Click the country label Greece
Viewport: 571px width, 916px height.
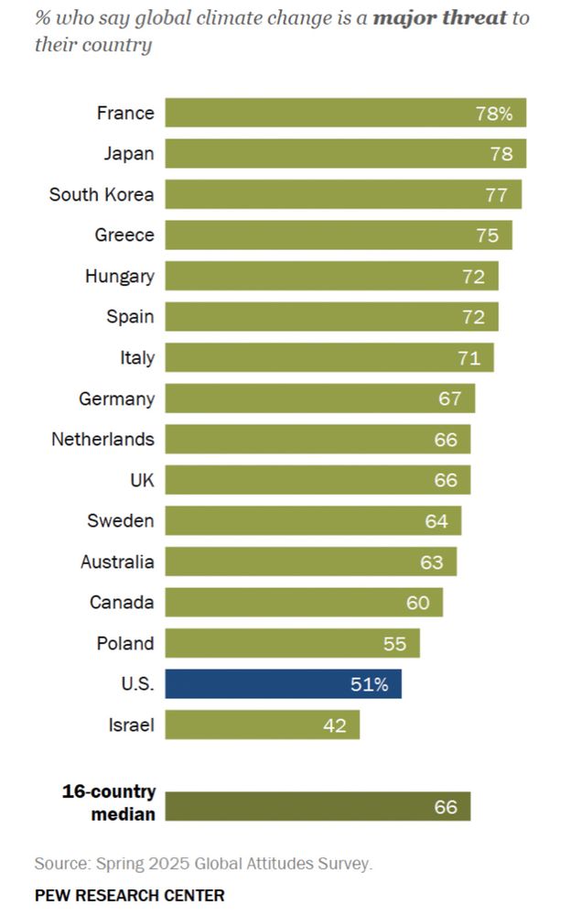point(124,235)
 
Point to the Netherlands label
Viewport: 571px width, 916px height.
point(102,439)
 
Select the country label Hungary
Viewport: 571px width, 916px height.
point(120,276)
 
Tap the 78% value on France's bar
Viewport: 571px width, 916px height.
point(494,114)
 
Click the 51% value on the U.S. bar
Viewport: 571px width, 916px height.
point(370,684)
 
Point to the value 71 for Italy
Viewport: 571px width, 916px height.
point(469,357)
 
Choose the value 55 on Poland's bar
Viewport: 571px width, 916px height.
point(394,644)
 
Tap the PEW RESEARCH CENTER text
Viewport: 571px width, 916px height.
point(129,895)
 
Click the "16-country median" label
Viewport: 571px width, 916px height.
point(109,802)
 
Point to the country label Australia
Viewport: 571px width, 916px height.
point(117,562)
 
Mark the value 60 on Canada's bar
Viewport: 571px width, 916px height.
point(418,603)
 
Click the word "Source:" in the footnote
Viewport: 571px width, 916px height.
point(61,864)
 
